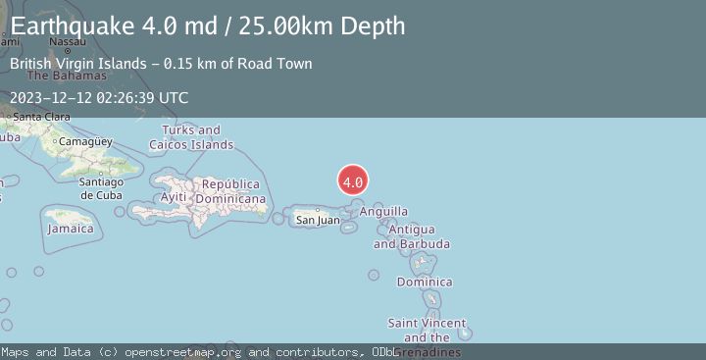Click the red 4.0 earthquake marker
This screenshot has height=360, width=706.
click(x=353, y=180)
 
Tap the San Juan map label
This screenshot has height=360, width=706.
click(x=318, y=221)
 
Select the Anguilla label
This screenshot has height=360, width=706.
click(x=383, y=211)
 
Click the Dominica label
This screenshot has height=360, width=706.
click(x=425, y=283)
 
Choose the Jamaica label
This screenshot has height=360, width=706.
click(x=72, y=229)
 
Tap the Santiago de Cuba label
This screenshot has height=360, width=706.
click(x=100, y=188)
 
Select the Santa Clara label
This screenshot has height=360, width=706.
click(x=41, y=118)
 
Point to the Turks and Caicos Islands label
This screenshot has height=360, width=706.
click(x=191, y=137)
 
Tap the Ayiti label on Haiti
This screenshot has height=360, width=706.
click(x=174, y=197)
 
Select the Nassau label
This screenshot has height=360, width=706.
click(x=67, y=42)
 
